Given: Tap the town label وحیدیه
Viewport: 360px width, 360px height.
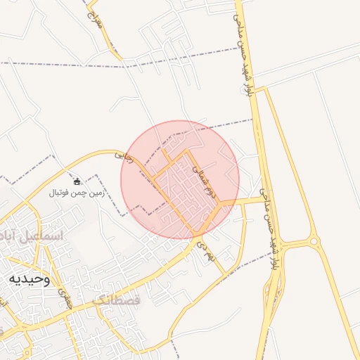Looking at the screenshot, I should point(29,278).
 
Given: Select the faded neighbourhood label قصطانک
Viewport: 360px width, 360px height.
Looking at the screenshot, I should point(116,300).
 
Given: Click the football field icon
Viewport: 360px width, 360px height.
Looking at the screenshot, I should point(77,181).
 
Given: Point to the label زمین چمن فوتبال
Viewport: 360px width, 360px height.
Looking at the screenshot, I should point(77,192).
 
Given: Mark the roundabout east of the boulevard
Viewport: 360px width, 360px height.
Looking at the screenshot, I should point(314,241).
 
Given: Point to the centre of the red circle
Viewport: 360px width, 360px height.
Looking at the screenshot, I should point(180,179).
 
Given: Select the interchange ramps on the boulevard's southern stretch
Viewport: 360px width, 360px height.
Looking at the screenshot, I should point(275,288).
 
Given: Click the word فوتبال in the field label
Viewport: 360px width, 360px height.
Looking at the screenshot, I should point(61,192).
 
